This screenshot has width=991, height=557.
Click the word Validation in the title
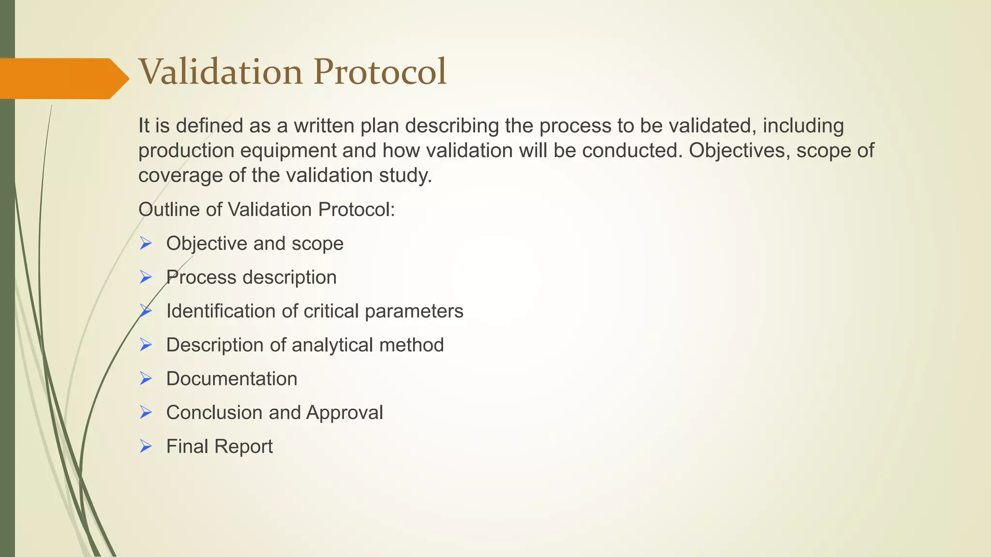[x=221, y=72]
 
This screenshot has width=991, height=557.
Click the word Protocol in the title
[x=379, y=72]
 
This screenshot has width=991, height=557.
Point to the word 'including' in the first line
[x=803, y=126]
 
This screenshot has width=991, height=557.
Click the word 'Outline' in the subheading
[x=166, y=210]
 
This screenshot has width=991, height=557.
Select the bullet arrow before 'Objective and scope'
[x=146, y=243]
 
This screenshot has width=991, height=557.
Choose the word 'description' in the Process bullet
[x=289, y=278]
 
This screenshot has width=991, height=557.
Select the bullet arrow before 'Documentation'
[x=146, y=379]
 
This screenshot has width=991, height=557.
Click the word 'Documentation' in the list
[x=232, y=379]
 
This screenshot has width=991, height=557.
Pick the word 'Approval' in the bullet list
[x=344, y=413]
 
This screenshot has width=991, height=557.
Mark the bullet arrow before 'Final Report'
[x=146, y=446]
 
